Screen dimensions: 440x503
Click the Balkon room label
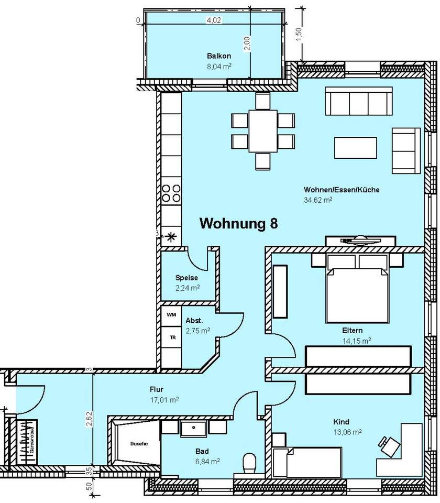coord(219,56)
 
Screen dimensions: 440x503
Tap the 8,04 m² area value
coord(219,67)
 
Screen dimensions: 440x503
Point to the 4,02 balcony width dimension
coord(214,20)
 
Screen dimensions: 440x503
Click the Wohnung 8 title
coord(239,223)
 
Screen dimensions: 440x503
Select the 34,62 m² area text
coord(318,200)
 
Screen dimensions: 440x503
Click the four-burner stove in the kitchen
coord(172,193)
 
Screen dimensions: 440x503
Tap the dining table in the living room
coord(263,131)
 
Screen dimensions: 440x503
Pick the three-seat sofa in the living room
coord(358,101)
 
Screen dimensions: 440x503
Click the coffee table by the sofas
coord(355,148)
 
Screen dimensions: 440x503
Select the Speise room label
coord(186,278)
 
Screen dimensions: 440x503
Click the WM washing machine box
coord(171,315)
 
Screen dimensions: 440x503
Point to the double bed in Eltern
coord(357,289)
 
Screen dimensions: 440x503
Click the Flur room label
coord(157,389)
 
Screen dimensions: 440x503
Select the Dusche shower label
coord(139,444)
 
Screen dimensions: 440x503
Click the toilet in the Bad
coord(249,463)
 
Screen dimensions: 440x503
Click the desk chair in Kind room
coord(389,445)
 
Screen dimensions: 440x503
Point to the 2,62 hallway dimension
coord(89,419)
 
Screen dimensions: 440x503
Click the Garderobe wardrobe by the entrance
coord(26,442)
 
